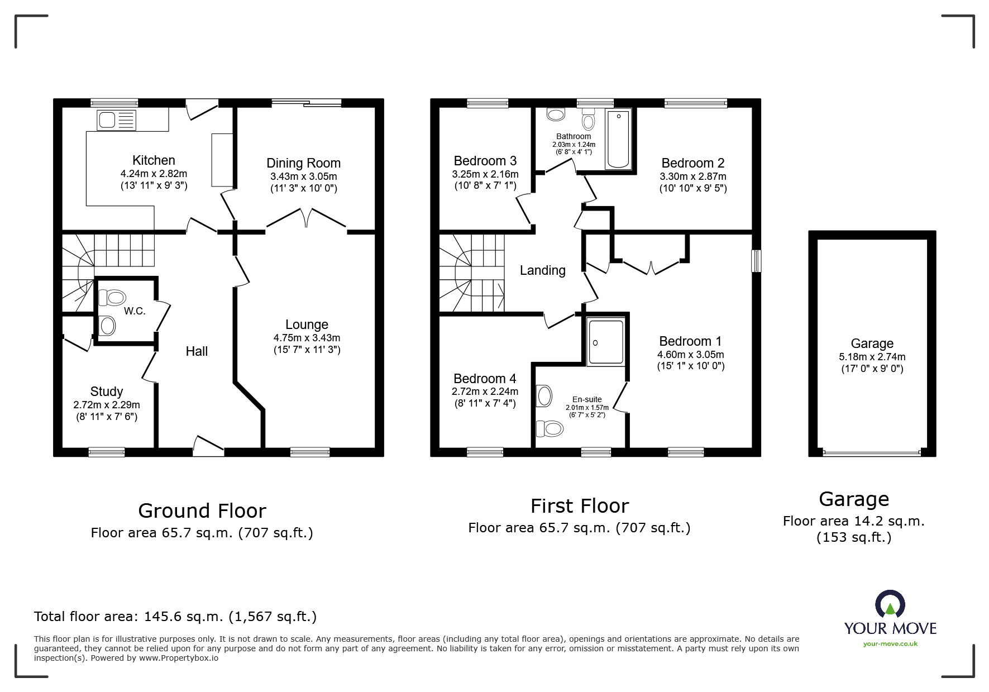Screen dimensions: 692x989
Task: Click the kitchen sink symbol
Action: tap(116, 120)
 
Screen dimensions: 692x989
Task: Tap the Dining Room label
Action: tap(303, 163)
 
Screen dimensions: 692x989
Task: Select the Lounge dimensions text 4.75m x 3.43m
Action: tap(307, 338)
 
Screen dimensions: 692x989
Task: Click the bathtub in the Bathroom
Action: tap(618, 139)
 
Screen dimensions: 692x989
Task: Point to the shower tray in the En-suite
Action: tap(606, 342)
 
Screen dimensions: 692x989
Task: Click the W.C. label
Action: tap(135, 311)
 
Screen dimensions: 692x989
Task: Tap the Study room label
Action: tap(106, 392)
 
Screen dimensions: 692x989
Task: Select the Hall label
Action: tap(197, 351)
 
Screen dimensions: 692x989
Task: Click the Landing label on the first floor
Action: tap(542, 270)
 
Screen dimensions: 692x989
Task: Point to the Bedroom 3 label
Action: tap(485, 161)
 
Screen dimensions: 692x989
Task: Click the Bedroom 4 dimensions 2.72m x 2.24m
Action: tap(485, 392)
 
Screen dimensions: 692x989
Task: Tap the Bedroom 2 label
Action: tap(692, 163)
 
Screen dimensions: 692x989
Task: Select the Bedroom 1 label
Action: tap(690, 341)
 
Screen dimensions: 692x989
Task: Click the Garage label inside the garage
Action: tap(872, 343)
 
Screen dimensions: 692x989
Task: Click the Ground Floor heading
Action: tap(202, 510)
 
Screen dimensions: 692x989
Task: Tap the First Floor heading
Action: tap(579, 506)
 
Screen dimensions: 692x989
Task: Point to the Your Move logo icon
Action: tap(890, 605)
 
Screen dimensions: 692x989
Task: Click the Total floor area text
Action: tap(175, 617)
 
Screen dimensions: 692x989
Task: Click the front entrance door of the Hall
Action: tap(208, 445)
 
